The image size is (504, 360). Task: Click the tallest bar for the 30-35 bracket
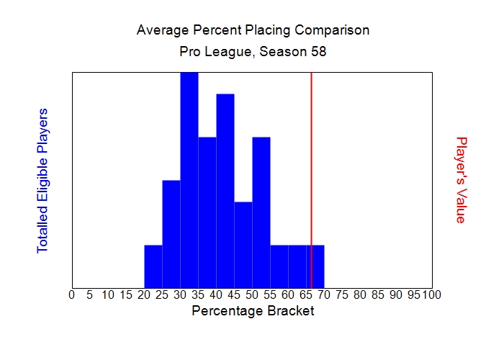pyautogui.click(x=189, y=180)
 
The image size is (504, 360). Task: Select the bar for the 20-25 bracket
pyautogui.click(x=153, y=266)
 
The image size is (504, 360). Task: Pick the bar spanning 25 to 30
pyautogui.click(x=171, y=234)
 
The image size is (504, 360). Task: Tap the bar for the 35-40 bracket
pyautogui.click(x=207, y=212)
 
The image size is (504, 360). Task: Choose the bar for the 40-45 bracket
pyautogui.click(x=225, y=191)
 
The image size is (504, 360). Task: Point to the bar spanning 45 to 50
pyautogui.click(x=243, y=245)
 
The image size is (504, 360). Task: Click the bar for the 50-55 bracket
pyautogui.click(x=261, y=212)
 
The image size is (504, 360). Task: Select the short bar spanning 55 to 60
pyautogui.click(x=279, y=266)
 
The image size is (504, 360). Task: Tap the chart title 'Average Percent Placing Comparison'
pyautogui.click(x=253, y=30)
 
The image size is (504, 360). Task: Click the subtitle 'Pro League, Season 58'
pyautogui.click(x=253, y=53)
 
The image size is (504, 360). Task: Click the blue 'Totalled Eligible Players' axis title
pyautogui.click(x=42, y=180)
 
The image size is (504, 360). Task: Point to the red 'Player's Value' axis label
pyautogui.click(x=462, y=180)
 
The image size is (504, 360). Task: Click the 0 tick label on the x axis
pyautogui.click(x=71, y=294)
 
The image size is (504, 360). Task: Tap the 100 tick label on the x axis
pyautogui.click(x=432, y=294)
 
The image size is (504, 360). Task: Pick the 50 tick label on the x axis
pyautogui.click(x=252, y=294)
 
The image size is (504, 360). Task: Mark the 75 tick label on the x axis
pyautogui.click(x=342, y=294)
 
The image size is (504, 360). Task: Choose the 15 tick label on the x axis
pyautogui.click(x=126, y=294)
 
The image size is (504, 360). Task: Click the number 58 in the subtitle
pyautogui.click(x=319, y=53)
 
